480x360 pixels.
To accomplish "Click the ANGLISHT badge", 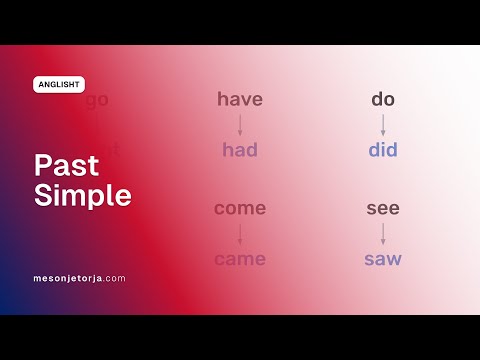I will click(x=59, y=85).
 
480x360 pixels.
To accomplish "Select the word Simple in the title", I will click(x=83, y=195).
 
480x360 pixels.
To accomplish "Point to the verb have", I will click(x=240, y=99).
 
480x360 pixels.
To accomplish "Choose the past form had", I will click(x=240, y=150).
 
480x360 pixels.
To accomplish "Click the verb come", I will click(x=240, y=208).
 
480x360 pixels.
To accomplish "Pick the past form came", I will click(x=240, y=259).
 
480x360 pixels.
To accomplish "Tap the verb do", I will click(x=383, y=99).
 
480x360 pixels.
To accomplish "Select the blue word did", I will click(x=383, y=150).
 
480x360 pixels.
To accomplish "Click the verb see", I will click(x=383, y=208).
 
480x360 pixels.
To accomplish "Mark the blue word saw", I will click(x=383, y=259).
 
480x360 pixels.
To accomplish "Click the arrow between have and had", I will click(x=240, y=125).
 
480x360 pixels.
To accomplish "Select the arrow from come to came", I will click(x=240, y=234).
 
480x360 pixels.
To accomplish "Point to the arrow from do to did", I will click(x=383, y=125).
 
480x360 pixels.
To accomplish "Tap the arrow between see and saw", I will click(x=383, y=234).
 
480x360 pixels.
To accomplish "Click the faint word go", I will click(x=97, y=100).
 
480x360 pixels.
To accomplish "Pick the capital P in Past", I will click(x=42, y=166).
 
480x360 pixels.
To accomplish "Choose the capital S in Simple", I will click(x=42, y=195).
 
